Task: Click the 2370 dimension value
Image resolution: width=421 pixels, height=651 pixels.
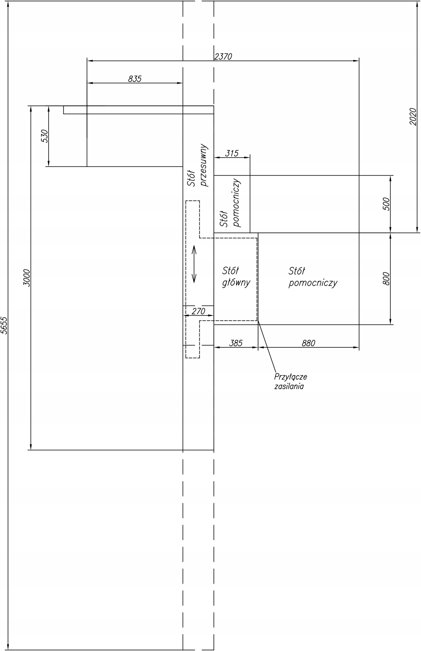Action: (x=223, y=56)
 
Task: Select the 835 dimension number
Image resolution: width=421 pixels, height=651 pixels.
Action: (x=135, y=79)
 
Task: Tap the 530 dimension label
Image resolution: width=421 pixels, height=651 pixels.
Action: (x=45, y=136)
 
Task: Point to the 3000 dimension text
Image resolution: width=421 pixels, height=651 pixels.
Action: (x=26, y=278)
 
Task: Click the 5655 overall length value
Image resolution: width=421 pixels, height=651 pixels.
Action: (x=4, y=325)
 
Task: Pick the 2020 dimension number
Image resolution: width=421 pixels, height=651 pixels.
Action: (x=413, y=116)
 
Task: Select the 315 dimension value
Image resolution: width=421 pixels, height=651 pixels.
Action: (x=232, y=153)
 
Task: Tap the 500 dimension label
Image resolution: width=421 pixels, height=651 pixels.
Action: (x=386, y=204)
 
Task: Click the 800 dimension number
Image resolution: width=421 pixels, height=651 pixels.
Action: (x=386, y=279)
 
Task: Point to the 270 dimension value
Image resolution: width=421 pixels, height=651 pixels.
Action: (x=198, y=311)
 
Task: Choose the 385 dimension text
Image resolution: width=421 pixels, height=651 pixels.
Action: (x=236, y=343)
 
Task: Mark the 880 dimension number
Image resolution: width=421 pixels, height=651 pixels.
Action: (x=309, y=343)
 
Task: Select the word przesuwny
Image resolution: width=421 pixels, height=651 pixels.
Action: (x=204, y=165)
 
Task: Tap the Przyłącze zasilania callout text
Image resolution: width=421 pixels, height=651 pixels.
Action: (x=291, y=381)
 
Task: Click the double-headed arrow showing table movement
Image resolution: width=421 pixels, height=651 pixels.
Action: (x=194, y=264)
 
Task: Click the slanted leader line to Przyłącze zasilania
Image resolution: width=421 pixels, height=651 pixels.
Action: (x=267, y=346)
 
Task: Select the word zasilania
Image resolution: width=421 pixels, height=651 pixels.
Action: (x=289, y=387)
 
